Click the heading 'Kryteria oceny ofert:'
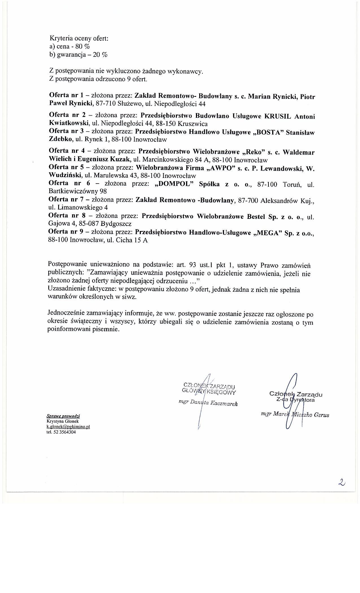tap(79, 38)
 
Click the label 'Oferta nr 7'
tap(66, 200)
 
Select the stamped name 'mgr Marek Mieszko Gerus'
tap(295, 415)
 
